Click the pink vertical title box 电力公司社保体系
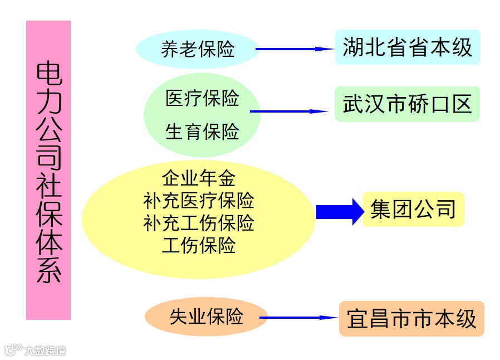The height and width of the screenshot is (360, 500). pos(48,170)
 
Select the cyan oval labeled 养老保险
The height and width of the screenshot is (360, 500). pos(198,49)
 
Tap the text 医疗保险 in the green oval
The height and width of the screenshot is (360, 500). pos(202,98)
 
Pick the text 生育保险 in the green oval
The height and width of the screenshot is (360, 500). pos(202,132)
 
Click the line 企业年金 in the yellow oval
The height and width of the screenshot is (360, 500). pos(199,178)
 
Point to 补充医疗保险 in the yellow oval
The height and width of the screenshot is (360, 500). pos(199,200)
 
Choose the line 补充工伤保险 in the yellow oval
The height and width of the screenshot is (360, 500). pos(199,223)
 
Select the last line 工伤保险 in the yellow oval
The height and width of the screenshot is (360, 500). pos(199,245)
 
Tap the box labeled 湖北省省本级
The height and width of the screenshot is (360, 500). pos(407,47)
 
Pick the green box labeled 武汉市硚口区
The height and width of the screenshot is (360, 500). pos(407,104)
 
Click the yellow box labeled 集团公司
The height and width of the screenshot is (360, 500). pos(413,209)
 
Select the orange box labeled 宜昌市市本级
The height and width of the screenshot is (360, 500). pos(411,319)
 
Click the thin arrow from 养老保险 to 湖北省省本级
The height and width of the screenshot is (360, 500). pos(295,49)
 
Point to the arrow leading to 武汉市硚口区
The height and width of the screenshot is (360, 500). pos(290,111)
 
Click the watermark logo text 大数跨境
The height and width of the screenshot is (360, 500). pos(45,351)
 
